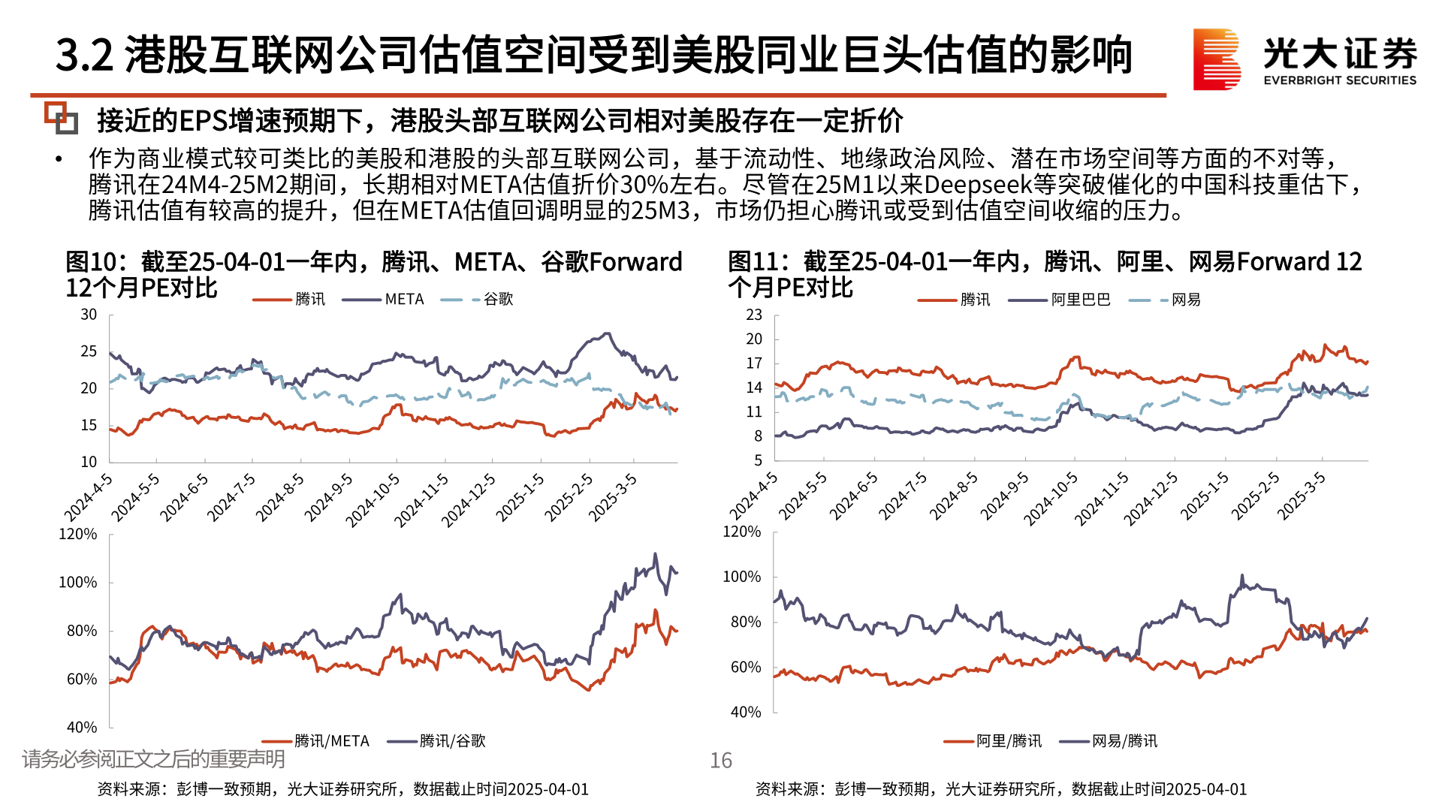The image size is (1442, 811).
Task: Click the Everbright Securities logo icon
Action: click(x=1216, y=59)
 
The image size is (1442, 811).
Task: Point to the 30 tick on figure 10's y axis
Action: click(x=89, y=315)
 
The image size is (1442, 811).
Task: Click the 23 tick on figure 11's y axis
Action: click(x=754, y=315)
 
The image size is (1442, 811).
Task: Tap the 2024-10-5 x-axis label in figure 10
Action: click(x=373, y=500)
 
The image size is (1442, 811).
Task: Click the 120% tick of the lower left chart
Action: click(x=78, y=534)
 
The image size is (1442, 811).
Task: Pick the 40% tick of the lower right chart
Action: click(x=745, y=712)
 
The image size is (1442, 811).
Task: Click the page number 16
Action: click(x=720, y=761)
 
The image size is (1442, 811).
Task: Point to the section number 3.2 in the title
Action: click(x=84, y=56)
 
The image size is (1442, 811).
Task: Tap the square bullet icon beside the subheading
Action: click(x=61, y=118)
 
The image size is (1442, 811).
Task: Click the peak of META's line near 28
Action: click(x=608, y=334)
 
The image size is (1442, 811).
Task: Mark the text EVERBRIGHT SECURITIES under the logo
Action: click(x=1340, y=80)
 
